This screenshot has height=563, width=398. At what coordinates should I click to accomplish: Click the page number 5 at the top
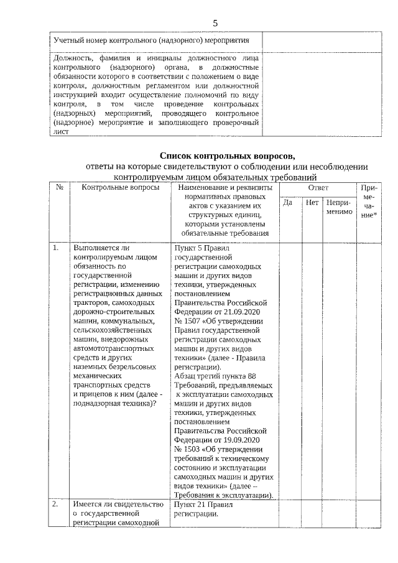pyautogui.click(x=215, y=23)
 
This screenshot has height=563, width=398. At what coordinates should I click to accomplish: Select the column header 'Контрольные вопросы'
pyautogui.click(x=116, y=187)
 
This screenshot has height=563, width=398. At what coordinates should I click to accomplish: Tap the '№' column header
pyautogui.click(x=59, y=187)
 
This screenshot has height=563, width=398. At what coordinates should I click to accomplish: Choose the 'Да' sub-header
pyautogui.click(x=287, y=203)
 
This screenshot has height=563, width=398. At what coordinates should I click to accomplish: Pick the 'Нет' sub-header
pyautogui.click(x=312, y=203)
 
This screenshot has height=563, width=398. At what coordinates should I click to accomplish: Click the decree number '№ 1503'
pyautogui.click(x=187, y=449)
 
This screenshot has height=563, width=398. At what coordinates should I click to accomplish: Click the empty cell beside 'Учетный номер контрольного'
pyautogui.click(x=321, y=40)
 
